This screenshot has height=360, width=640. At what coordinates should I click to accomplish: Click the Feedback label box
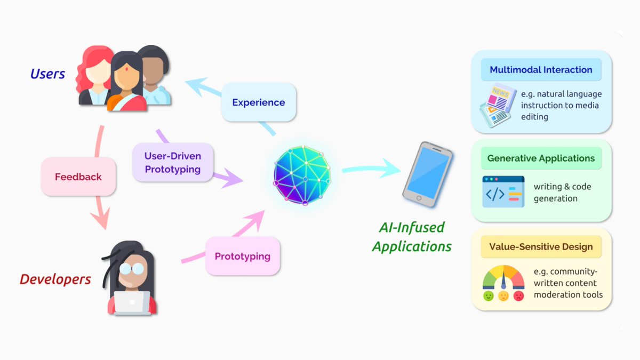[x=78, y=177]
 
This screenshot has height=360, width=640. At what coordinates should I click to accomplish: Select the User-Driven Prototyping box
[x=172, y=163]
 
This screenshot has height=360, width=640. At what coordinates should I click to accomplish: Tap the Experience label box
[x=259, y=102]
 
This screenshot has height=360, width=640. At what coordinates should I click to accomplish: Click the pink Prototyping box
[x=243, y=256]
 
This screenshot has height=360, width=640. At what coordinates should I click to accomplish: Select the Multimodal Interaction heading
[x=541, y=70]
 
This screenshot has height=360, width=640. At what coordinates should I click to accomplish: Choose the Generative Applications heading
[x=541, y=158]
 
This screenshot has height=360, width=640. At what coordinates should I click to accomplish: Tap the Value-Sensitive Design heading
[x=541, y=247]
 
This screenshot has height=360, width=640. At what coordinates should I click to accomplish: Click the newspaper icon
[x=497, y=104]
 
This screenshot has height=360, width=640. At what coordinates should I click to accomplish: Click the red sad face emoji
[x=518, y=296]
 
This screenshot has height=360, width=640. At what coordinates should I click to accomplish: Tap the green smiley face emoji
[x=489, y=296]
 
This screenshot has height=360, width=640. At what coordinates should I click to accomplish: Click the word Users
[x=47, y=74]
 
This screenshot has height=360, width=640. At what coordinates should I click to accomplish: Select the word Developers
[x=55, y=279]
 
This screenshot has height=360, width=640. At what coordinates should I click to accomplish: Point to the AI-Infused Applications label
[x=412, y=237]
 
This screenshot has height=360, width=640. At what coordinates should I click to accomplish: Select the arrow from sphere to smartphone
[x=371, y=170]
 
